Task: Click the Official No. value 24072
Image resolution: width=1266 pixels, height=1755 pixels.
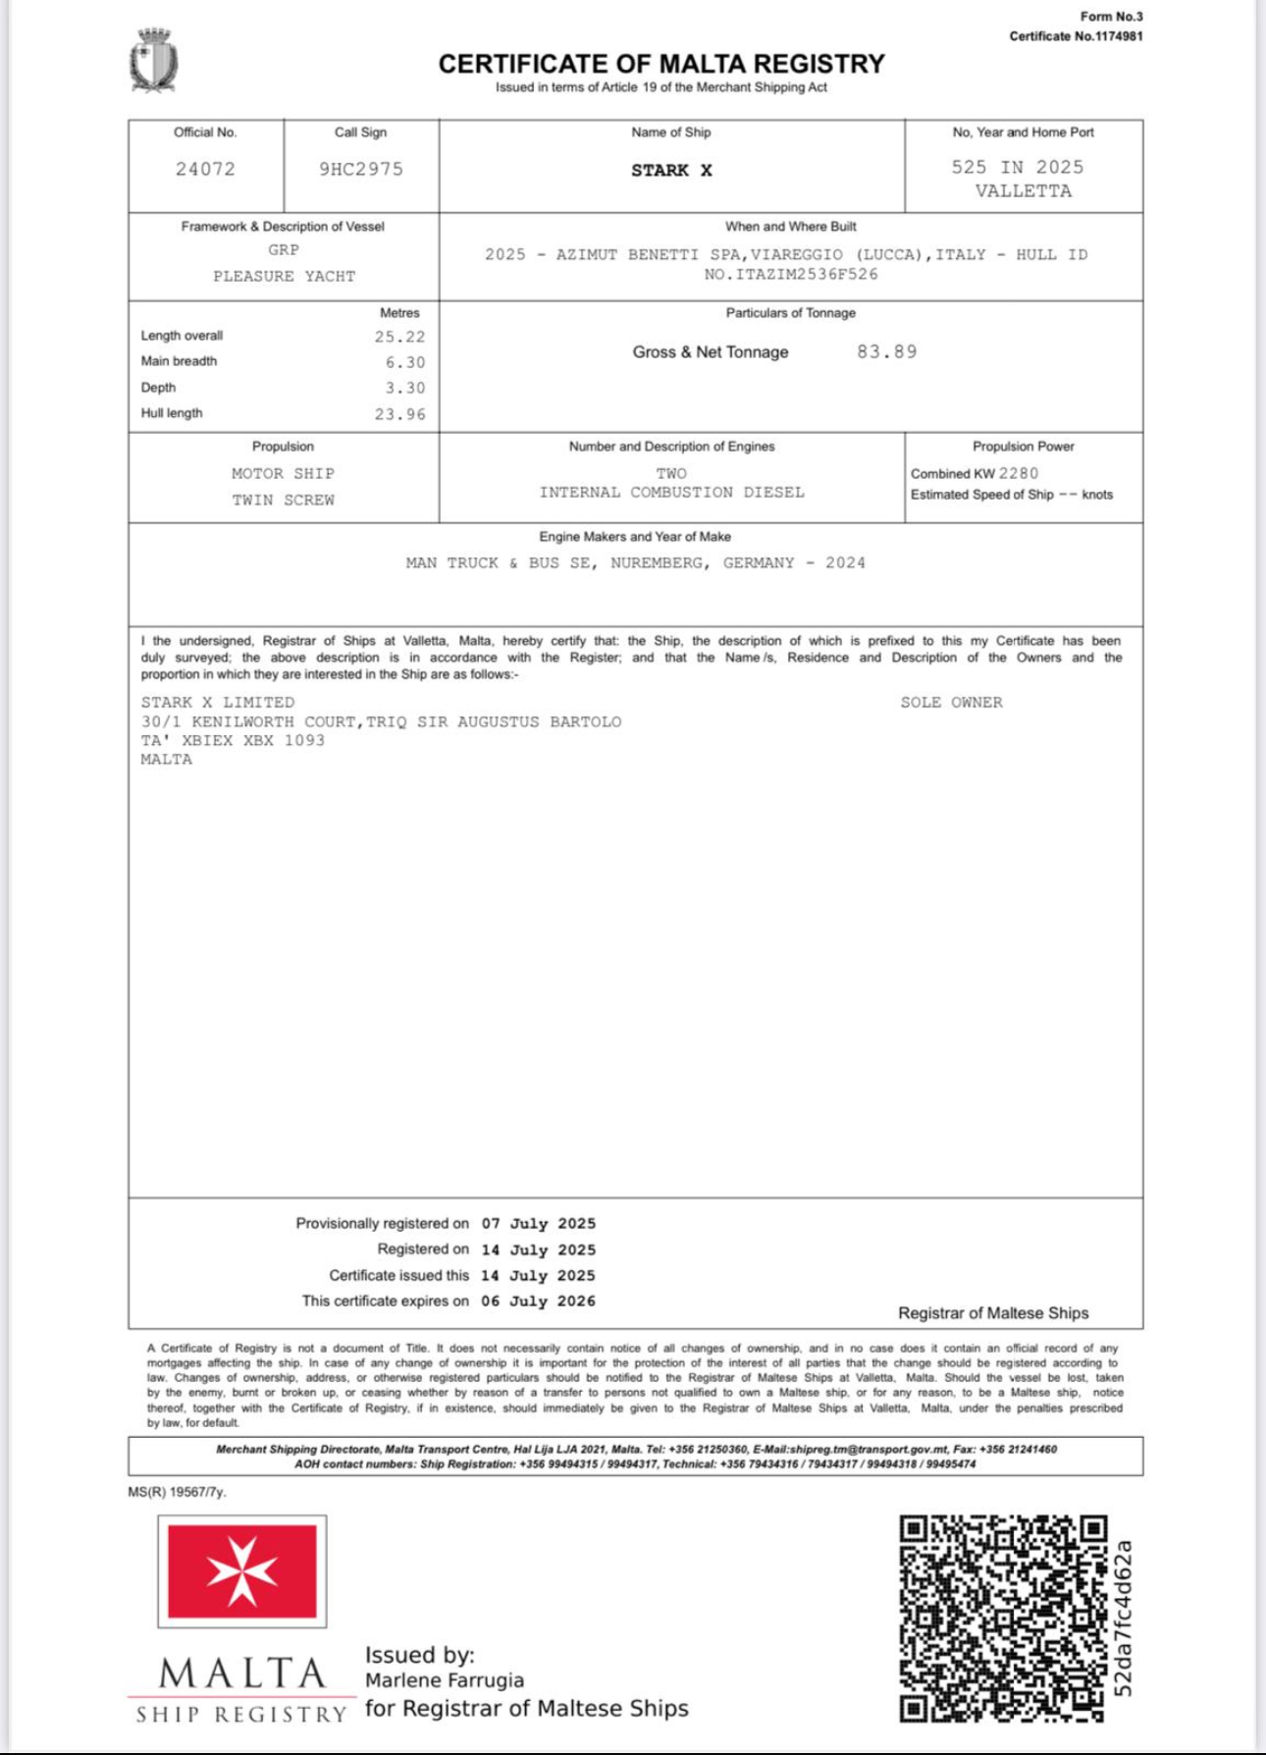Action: pyautogui.click(x=205, y=169)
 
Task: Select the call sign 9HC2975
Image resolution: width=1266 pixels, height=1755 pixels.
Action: pyautogui.click(x=361, y=169)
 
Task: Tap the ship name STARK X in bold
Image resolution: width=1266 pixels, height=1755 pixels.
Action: pyautogui.click(x=671, y=171)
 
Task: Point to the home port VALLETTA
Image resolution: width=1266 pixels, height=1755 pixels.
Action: pyautogui.click(x=1023, y=191)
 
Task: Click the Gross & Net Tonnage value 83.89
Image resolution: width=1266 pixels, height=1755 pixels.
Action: pyautogui.click(x=886, y=351)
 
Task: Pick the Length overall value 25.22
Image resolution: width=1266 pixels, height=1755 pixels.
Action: pyautogui.click(x=399, y=337)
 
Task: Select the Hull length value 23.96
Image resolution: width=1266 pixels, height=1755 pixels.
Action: pyautogui.click(x=399, y=414)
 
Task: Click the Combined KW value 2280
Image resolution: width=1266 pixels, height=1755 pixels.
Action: pyautogui.click(x=1018, y=473)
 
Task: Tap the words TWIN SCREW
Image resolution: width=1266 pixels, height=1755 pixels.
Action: pyautogui.click(x=283, y=500)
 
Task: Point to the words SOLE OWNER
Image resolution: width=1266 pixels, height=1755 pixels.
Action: pyautogui.click(x=951, y=703)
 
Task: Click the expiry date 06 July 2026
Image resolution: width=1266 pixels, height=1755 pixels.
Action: pyautogui.click(x=538, y=1301)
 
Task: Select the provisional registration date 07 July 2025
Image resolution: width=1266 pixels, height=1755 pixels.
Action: pyautogui.click(x=538, y=1224)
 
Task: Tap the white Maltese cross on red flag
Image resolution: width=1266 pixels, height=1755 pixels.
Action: pyautogui.click(x=242, y=1571)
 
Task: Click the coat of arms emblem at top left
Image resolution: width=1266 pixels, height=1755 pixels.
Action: pyautogui.click(x=153, y=61)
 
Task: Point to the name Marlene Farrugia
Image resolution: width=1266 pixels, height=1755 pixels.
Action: pyautogui.click(x=445, y=1680)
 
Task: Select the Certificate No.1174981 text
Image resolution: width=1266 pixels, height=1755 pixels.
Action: pyautogui.click(x=1076, y=36)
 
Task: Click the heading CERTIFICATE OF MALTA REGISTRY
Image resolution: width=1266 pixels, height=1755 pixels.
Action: pyautogui.click(x=661, y=64)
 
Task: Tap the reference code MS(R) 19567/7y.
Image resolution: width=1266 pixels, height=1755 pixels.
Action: pyautogui.click(x=177, y=1492)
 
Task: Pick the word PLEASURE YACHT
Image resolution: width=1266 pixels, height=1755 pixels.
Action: pyautogui.click(x=284, y=277)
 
